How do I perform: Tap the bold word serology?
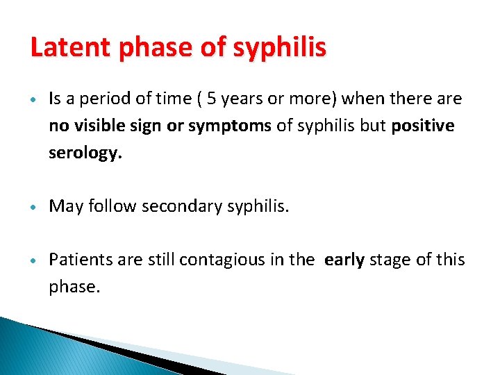(85, 153)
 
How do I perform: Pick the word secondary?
(183, 207)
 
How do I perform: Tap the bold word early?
(344, 260)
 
